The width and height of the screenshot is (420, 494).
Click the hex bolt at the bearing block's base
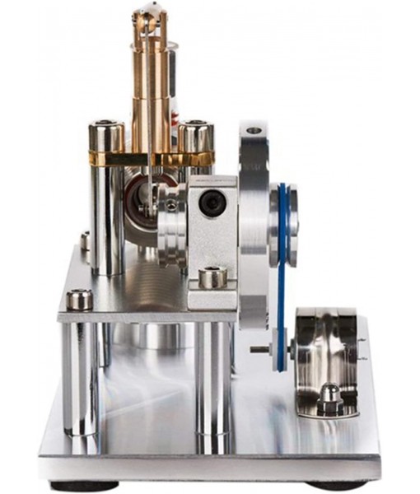click(x=212, y=277)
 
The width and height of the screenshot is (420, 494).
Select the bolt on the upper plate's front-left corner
click(x=80, y=299)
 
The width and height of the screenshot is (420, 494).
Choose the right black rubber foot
click(x=338, y=485)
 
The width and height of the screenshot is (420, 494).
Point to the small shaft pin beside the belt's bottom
click(x=260, y=349)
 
